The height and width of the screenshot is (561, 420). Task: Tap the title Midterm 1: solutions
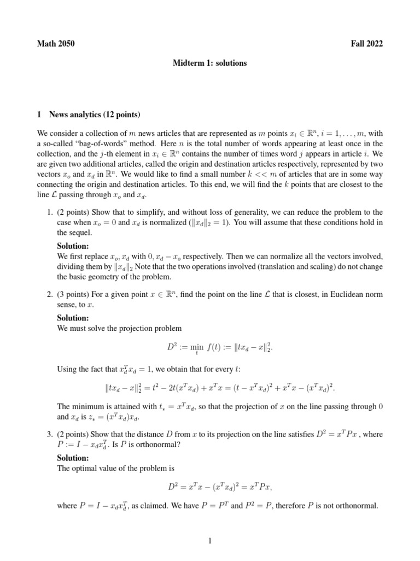pos(210,63)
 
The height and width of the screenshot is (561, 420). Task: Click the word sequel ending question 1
pos(79,232)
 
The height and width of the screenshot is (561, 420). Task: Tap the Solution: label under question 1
pos(73,246)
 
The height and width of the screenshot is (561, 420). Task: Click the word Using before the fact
pos(67,370)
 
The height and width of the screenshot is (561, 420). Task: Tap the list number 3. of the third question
pos(49,434)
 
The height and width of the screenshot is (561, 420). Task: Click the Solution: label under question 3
pos(73,457)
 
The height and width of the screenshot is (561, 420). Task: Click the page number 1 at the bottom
pos(210,541)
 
